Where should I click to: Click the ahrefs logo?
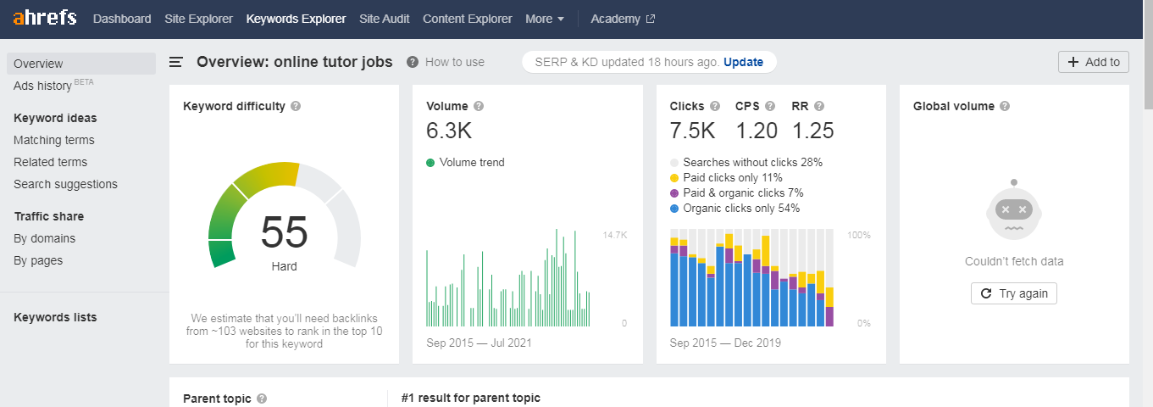[x=44, y=18]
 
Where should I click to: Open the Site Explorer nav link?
[x=198, y=19]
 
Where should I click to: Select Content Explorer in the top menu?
[x=467, y=19]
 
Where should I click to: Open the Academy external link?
[x=622, y=19]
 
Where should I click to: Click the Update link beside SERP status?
[x=743, y=62]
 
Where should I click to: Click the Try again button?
[x=1014, y=293]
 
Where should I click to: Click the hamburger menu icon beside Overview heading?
[x=176, y=62]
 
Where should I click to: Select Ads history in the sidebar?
[x=42, y=86]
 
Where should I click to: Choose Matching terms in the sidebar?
[x=54, y=140]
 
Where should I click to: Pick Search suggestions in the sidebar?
[x=65, y=184]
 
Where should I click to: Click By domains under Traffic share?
[x=44, y=238]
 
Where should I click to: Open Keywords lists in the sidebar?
[x=55, y=317]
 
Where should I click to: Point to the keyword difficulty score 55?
[x=284, y=232]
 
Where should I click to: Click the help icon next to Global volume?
[x=1004, y=106]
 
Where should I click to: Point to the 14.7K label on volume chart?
[x=614, y=234]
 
